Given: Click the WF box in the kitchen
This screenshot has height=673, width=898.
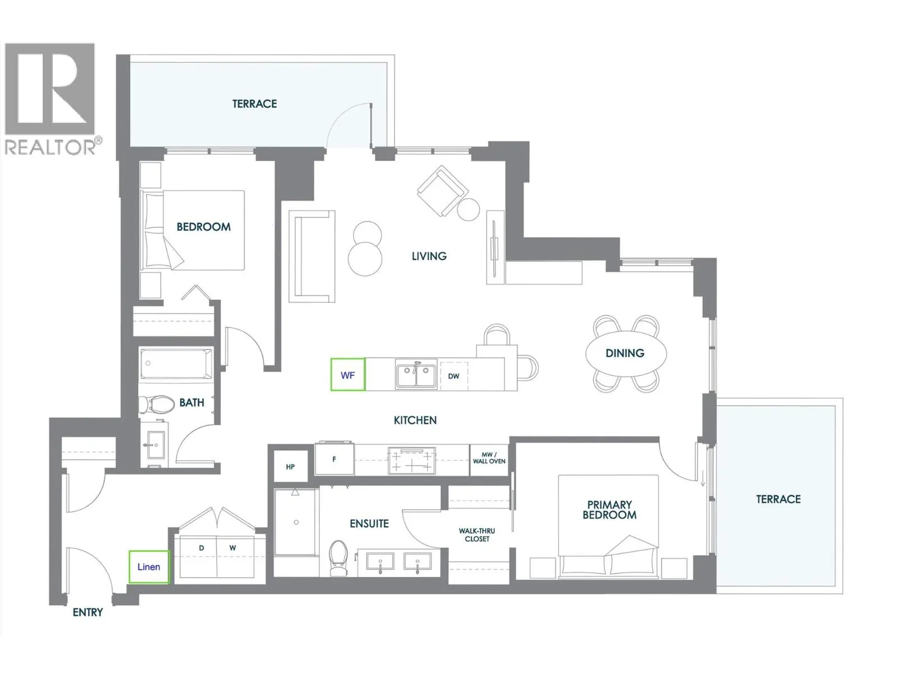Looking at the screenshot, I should pos(347,375).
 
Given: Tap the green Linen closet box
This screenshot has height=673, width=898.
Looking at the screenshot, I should pos(149,566).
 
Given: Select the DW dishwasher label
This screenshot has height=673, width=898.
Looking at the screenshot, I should pos(453,376).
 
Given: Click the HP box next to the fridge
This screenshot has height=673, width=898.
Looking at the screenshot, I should pos(290,466).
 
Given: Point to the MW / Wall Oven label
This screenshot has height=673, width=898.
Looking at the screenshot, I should pos(489,458).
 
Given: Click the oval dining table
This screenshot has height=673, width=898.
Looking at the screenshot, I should pos(625,353).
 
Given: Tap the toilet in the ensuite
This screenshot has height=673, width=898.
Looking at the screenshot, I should pos(338,557).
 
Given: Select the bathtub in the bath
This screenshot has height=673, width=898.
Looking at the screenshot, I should pos(176,363).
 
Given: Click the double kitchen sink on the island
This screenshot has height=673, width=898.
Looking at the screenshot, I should pos(416,375).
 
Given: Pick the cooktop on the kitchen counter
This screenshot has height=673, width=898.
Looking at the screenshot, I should pos(412,460).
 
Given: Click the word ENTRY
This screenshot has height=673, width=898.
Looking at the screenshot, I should pos(88,612).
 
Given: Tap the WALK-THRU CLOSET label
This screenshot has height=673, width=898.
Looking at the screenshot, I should pos(477,534).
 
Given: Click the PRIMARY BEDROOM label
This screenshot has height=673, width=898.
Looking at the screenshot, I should pos(610,509).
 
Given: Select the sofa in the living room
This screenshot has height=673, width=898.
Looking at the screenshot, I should pos(313,256).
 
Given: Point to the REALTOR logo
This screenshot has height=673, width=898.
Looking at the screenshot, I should pos(51,98).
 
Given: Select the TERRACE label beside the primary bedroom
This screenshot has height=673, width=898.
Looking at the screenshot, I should pos(778,499).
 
